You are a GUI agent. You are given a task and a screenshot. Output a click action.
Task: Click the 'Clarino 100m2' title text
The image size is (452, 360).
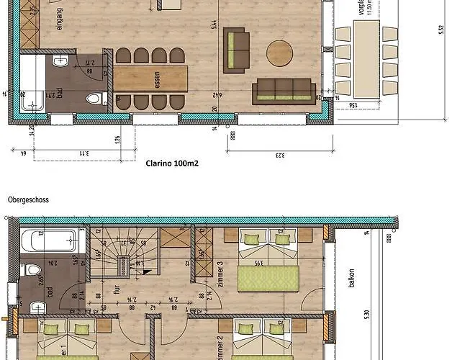pos(172,163)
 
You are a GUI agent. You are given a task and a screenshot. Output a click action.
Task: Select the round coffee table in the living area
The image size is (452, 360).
pos(280,53)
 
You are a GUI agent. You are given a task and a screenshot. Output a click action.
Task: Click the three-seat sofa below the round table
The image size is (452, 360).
pos(283,90)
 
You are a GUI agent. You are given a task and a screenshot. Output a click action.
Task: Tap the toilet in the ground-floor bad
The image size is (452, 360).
pos(93,99)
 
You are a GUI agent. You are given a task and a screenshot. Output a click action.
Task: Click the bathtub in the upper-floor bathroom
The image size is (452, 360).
pos(49,240)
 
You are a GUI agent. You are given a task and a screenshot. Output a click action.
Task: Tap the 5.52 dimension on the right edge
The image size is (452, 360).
pos(440,30)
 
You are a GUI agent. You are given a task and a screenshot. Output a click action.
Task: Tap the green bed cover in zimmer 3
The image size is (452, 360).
pos(269,277)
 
